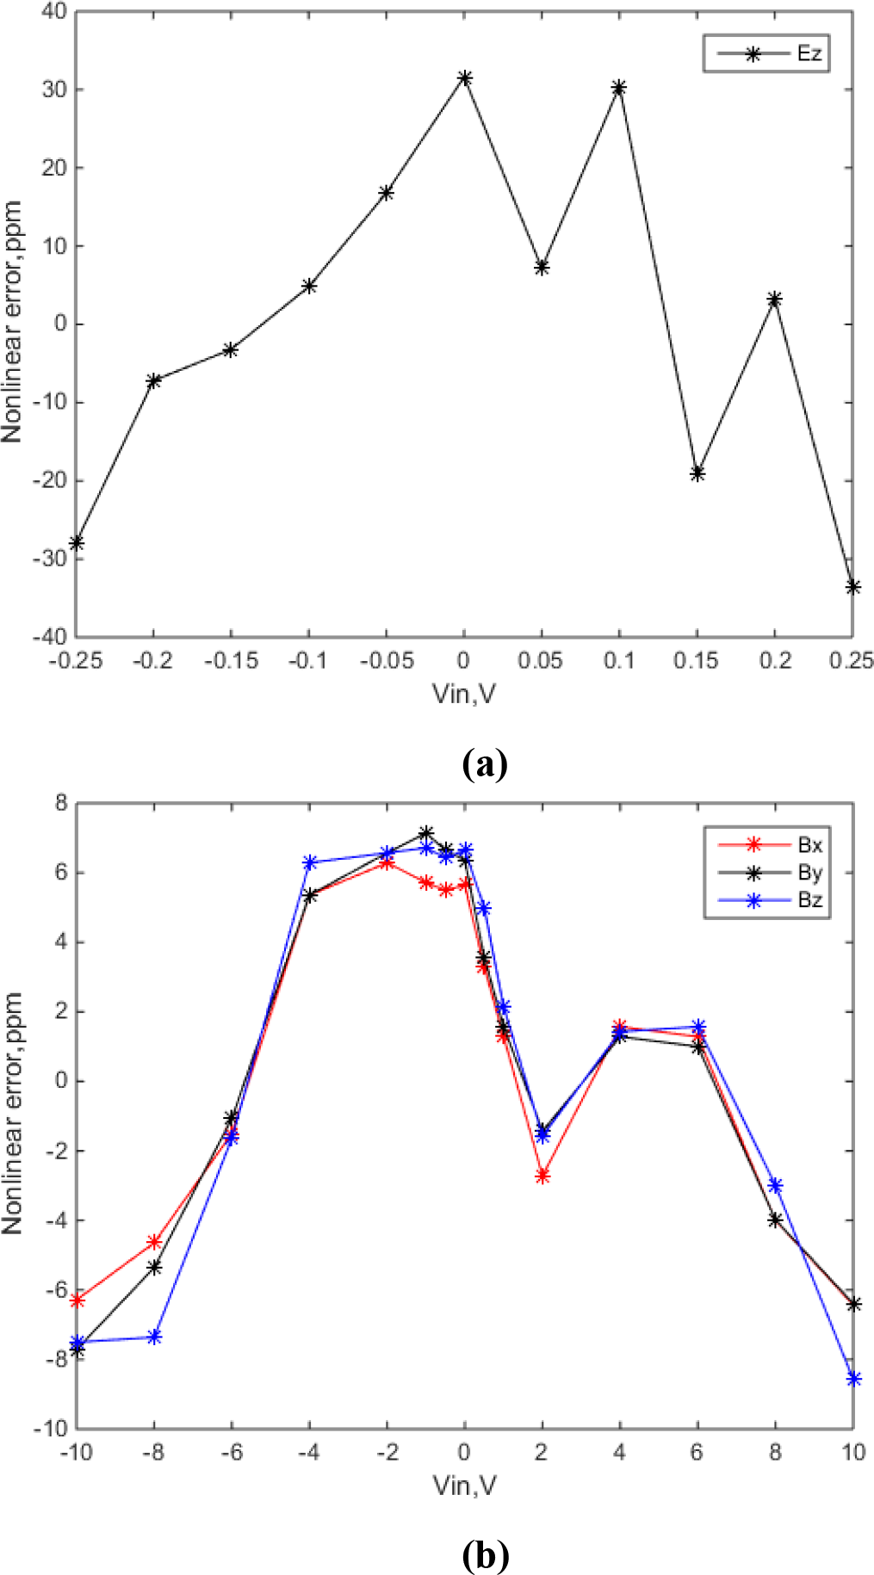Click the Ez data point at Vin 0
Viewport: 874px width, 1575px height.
pos(465,78)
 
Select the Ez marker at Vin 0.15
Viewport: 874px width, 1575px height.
pos(697,473)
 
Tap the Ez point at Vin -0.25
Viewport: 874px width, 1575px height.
pos(77,543)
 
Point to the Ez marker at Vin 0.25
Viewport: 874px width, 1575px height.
pos(852,587)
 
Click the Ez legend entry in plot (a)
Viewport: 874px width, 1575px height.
pos(766,54)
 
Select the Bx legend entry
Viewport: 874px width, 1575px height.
pos(766,845)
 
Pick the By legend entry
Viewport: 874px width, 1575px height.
pos(766,873)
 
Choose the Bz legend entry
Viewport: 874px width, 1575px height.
pos(766,900)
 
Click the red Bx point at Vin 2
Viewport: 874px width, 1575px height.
pos(542,1176)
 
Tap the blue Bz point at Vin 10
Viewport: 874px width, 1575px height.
pos(852,1379)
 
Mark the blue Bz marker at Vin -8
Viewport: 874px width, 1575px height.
pos(155,1337)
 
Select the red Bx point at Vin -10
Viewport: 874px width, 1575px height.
pos(77,1300)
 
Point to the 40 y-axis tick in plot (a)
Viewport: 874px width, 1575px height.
pos(53,12)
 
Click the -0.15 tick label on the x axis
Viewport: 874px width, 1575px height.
pos(231,661)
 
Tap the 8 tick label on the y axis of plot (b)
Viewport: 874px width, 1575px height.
pos(60,804)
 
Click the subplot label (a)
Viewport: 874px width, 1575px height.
pos(485,764)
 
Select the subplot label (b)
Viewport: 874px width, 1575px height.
pos(485,1555)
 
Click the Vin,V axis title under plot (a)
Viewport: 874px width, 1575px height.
pos(464,693)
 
